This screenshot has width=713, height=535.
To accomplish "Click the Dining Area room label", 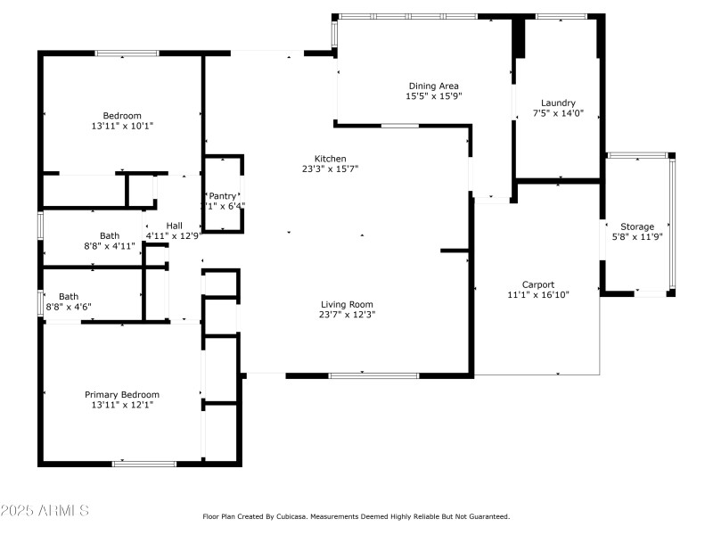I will (x=433, y=86).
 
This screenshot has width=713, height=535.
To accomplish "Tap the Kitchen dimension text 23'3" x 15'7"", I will (x=330, y=169).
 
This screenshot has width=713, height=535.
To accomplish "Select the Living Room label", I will (x=347, y=304).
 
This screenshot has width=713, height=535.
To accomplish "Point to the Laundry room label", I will (x=558, y=103).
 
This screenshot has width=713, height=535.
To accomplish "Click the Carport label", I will (x=537, y=284).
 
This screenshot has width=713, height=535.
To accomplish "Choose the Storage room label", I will (x=637, y=226).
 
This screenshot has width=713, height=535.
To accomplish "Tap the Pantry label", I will (x=222, y=195).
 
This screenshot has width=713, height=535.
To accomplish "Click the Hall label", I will (x=175, y=226).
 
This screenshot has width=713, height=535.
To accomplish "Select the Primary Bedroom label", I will (x=122, y=394).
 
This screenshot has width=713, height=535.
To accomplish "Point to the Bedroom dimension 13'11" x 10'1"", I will (x=122, y=126).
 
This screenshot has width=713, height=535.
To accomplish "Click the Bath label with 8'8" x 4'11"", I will (x=110, y=235).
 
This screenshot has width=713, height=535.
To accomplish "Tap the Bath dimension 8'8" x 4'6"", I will (x=69, y=307).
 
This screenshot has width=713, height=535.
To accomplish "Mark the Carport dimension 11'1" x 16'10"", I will (x=537, y=294).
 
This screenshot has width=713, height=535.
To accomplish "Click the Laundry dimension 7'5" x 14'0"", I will (x=558, y=113).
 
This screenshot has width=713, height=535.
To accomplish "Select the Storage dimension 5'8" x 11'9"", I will (x=637, y=237).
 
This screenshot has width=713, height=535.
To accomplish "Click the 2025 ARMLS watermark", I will (x=45, y=511).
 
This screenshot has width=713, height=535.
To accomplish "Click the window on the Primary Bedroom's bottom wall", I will (x=143, y=463).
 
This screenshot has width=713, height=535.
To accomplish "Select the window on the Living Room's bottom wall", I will (x=374, y=375).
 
